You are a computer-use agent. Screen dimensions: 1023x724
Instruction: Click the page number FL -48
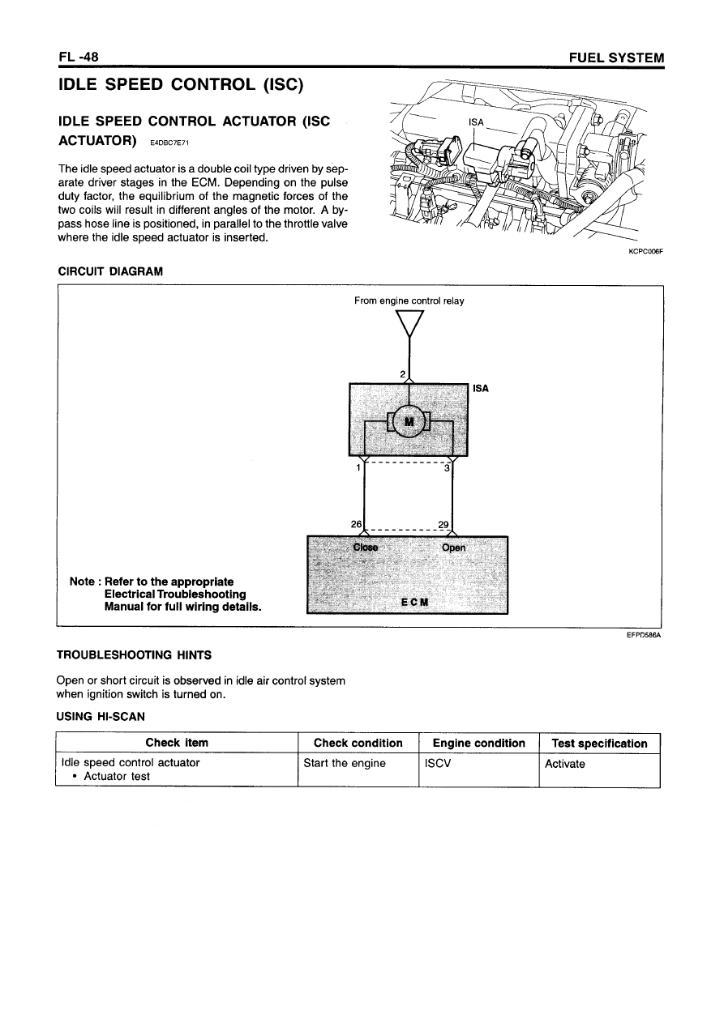(x=79, y=58)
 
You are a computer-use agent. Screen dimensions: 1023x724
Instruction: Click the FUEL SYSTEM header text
(x=617, y=58)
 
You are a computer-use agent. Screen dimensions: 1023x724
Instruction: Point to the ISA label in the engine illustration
(x=477, y=122)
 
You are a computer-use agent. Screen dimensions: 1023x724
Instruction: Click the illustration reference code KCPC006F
(x=646, y=251)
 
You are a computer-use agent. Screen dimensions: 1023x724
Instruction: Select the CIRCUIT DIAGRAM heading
(x=109, y=272)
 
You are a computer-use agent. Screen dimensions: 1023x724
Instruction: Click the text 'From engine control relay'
(x=409, y=301)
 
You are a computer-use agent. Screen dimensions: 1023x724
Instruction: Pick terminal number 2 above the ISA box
(x=403, y=373)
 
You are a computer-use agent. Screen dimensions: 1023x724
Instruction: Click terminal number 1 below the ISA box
(x=358, y=467)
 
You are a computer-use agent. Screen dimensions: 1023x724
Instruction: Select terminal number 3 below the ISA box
(x=447, y=467)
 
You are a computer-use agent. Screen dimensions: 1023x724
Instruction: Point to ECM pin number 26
(x=356, y=524)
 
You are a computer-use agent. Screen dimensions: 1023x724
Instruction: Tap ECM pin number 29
(x=443, y=524)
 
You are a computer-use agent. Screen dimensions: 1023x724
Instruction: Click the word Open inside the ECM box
(x=454, y=548)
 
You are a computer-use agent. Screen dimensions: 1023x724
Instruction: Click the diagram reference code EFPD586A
(x=645, y=636)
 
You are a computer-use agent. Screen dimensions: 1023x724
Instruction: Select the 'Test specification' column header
(x=599, y=743)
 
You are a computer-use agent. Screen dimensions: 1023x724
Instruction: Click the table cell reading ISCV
(x=438, y=763)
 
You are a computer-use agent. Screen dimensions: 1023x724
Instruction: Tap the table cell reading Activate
(x=565, y=763)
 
